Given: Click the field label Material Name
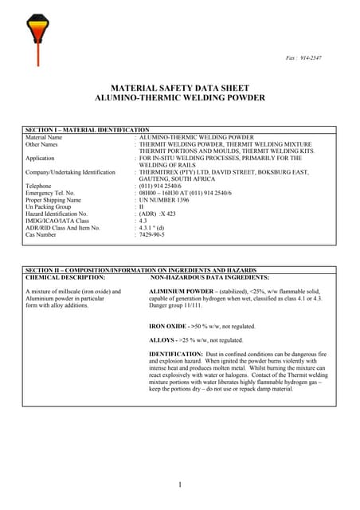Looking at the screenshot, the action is pyautogui.click(x=44, y=137).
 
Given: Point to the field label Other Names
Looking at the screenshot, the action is pyautogui.click(x=42, y=144).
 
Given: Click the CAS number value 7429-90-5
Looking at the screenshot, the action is pyautogui.click(x=155, y=235).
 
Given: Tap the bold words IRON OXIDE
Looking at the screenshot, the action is pyautogui.click(x=168, y=327).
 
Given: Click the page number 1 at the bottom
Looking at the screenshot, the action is pyautogui.click(x=180, y=484).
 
